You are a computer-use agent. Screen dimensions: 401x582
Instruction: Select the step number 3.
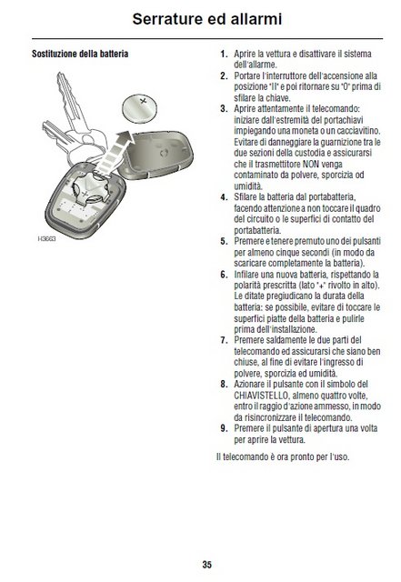coord(224,107)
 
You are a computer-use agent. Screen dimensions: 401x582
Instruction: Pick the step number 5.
coord(224,241)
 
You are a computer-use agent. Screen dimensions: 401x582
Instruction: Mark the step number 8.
coord(224,384)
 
